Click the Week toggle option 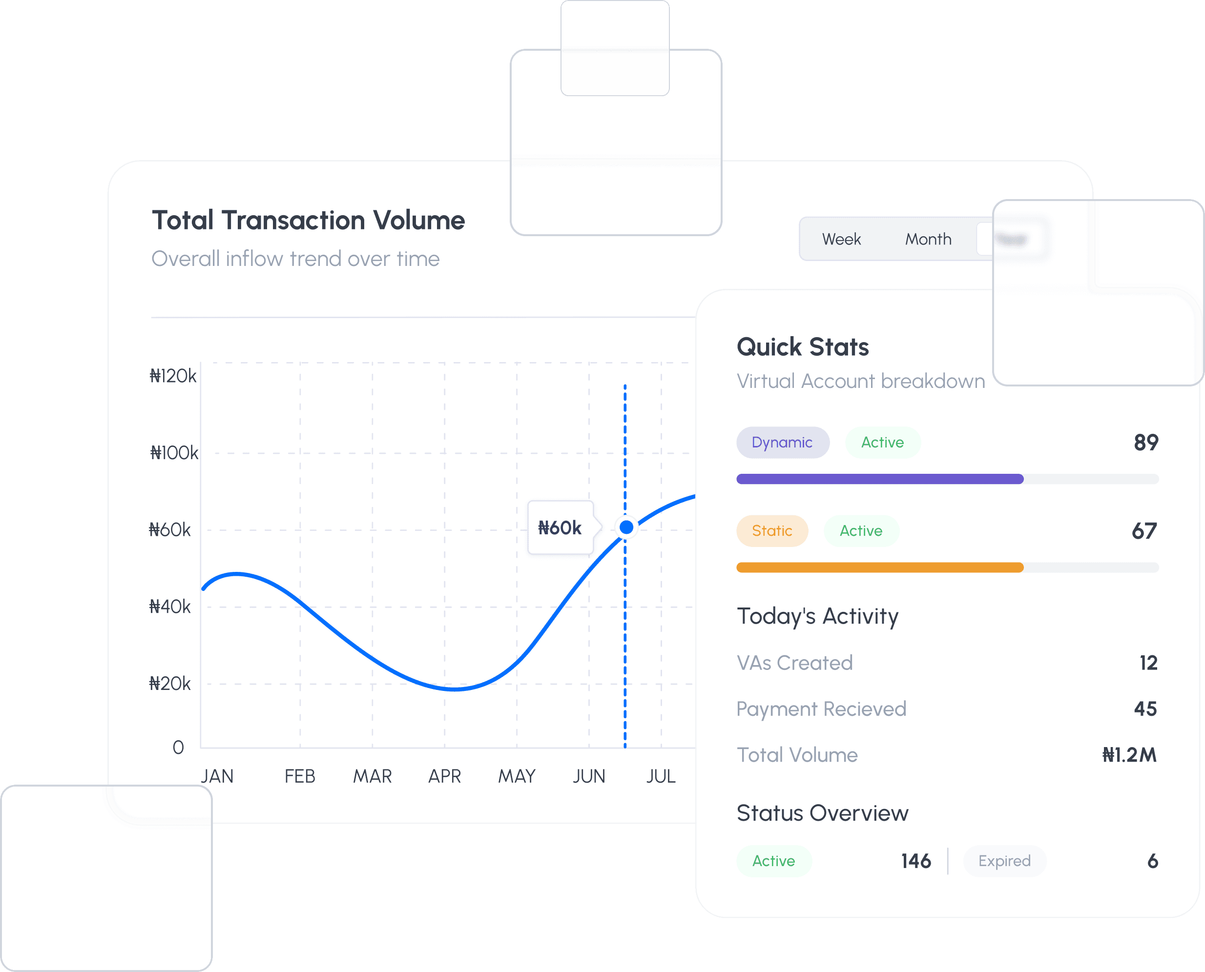click(841, 239)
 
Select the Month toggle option click(928, 239)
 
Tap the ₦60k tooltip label click(560, 527)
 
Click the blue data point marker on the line click(626, 527)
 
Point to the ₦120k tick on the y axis click(172, 376)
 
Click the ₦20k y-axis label click(170, 684)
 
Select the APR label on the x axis click(444, 776)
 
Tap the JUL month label click(661, 776)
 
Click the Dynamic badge click(782, 442)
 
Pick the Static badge click(772, 531)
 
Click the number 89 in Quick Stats click(1145, 442)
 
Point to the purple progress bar click(879, 479)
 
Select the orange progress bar click(879, 567)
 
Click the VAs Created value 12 click(1148, 663)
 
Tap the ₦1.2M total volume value click(1129, 755)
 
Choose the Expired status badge click(1004, 861)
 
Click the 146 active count click(916, 861)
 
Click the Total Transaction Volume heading click(308, 220)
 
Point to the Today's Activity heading click(817, 616)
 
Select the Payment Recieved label click(821, 709)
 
